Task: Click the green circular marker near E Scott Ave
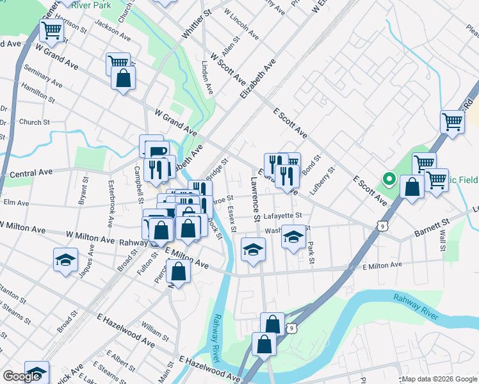point(387,179)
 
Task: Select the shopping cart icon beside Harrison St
point(51,29)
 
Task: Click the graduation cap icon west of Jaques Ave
point(65,259)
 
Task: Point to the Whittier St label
point(197,24)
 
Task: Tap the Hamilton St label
point(38,93)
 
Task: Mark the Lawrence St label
point(256,199)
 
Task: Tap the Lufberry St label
point(325,181)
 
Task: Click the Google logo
point(22,377)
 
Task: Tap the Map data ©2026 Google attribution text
point(439,379)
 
